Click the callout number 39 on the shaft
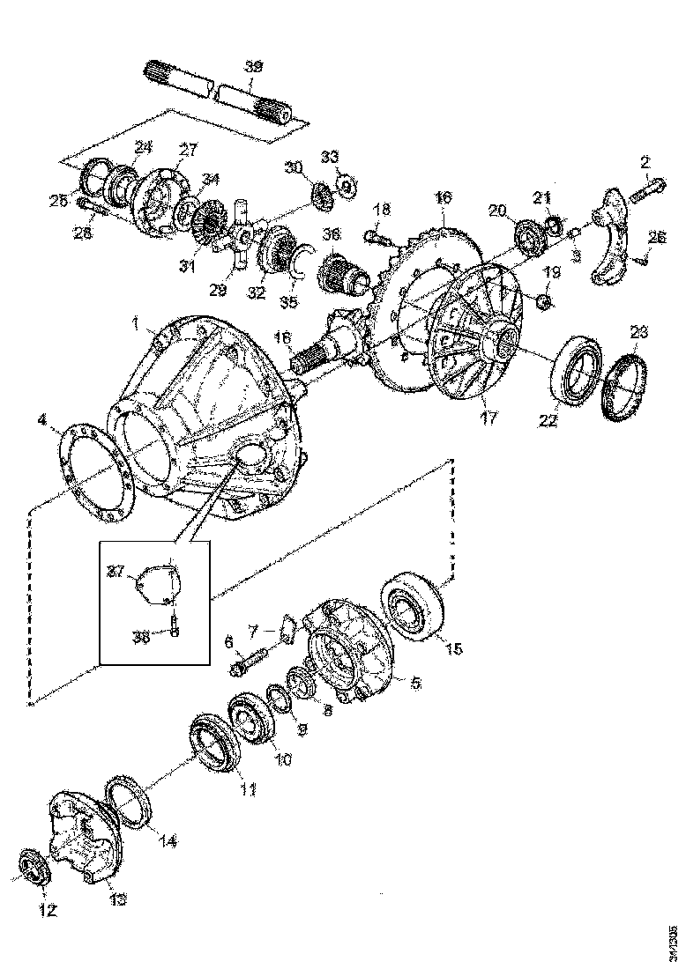pos(252,67)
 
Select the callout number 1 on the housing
pos(137,324)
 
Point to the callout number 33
pos(329,157)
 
